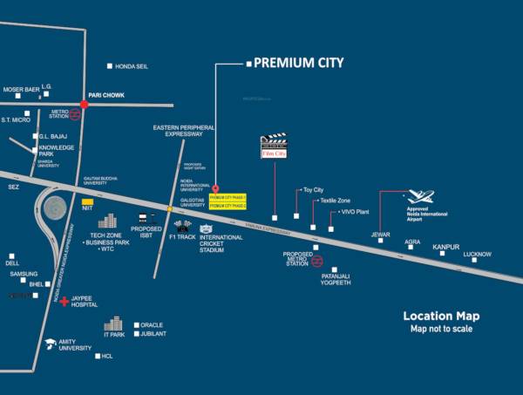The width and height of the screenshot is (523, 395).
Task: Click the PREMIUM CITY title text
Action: [298, 63]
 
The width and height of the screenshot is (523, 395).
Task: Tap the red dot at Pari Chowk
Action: [85, 104]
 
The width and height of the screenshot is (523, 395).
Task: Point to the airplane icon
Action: [420, 197]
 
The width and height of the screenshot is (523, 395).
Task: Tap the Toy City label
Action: [312, 189]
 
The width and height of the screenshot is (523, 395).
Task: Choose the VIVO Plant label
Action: [356, 212]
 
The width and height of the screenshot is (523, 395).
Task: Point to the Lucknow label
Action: [477, 255]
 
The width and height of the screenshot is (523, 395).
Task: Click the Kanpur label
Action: [445, 248]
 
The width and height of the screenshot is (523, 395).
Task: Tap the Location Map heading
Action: [440, 316]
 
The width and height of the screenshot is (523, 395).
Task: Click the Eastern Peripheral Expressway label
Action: [178, 131]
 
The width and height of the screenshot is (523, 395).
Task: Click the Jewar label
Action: [380, 233]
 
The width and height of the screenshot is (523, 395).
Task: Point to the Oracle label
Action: [152, 325]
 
